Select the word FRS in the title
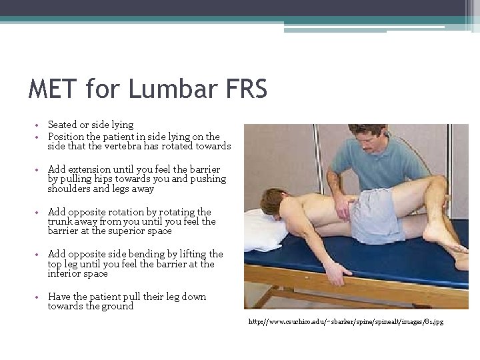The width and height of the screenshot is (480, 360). (244, 89)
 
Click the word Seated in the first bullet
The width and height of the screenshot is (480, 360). (63, 125)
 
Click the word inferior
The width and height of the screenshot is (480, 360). (67, 273)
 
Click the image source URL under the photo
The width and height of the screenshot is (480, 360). (345, 322)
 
